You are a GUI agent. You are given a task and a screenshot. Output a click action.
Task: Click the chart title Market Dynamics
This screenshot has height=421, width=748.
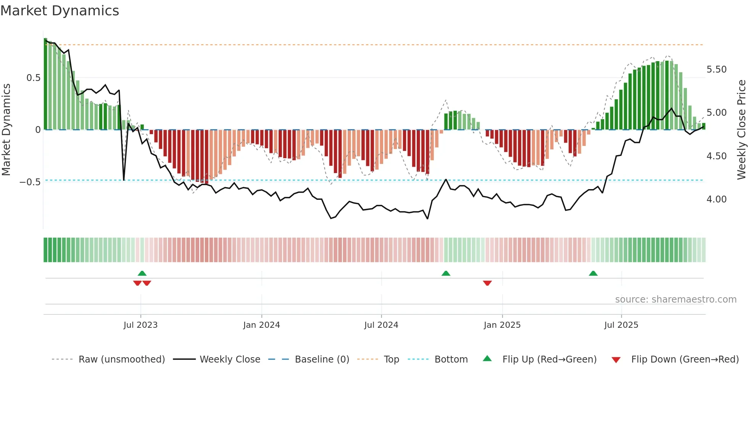point(60,11)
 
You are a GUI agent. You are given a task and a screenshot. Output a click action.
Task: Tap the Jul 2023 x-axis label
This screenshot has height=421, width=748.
point(140,325)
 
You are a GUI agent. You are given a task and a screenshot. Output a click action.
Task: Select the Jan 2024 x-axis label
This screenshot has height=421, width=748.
point(261,325)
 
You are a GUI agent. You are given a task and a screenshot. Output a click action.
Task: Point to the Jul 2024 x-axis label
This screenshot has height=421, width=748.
point(381,325)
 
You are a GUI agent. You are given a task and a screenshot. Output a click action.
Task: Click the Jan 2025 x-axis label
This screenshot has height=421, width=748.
point(502,325)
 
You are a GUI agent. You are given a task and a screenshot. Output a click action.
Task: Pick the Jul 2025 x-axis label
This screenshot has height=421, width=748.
point(621,325)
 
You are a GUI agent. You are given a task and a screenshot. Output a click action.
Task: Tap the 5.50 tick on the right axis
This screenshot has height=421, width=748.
point(716,70)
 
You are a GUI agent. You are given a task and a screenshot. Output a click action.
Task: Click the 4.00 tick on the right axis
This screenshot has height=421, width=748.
point(716,199)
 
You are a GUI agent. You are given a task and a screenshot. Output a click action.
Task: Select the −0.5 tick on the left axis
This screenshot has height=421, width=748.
point(30,182)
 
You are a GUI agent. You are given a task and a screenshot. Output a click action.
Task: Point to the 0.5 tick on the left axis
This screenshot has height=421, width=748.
point(33,78)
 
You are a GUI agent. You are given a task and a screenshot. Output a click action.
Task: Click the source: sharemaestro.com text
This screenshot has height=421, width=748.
point(675,300)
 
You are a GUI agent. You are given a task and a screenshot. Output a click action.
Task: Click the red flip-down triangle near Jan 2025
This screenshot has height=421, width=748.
point(487,283)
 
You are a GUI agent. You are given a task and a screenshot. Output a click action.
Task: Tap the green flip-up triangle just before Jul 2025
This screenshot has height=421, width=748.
point(593,273)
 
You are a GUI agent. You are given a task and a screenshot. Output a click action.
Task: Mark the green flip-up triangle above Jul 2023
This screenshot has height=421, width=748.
point(142,273)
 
